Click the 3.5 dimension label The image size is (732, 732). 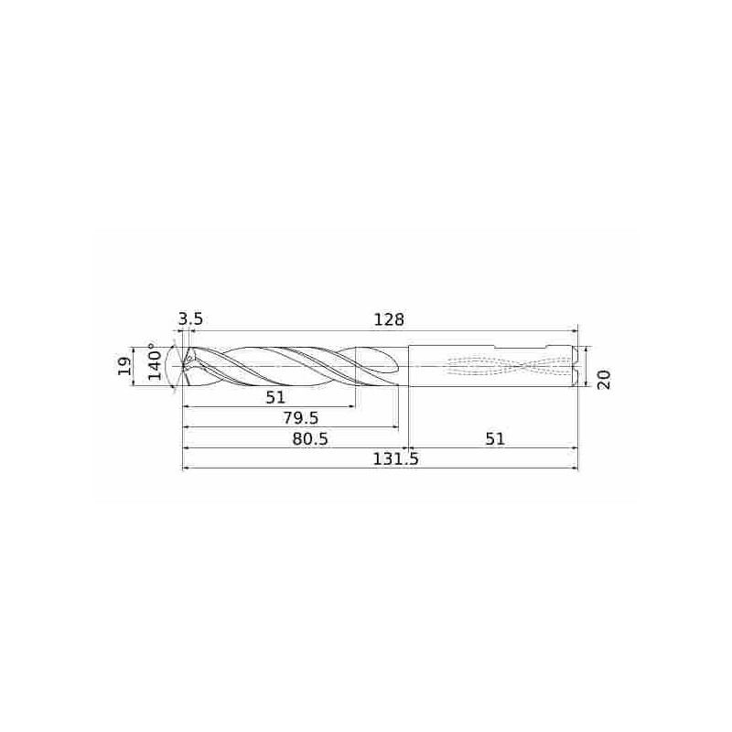click(x=190, y=319)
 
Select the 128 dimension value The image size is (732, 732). click(x=389, y=319)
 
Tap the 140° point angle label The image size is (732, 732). click(x=155, y=361)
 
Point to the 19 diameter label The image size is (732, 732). click(x=124, y=367)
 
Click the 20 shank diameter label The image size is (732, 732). click(x=604, y=380)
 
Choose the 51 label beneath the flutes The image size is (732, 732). click(x=275, y=397)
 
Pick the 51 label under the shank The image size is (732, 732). click(x=495, y=439)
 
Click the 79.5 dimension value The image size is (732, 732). click(x=301, y=418)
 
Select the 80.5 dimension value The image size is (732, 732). click(x=310, y=439)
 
